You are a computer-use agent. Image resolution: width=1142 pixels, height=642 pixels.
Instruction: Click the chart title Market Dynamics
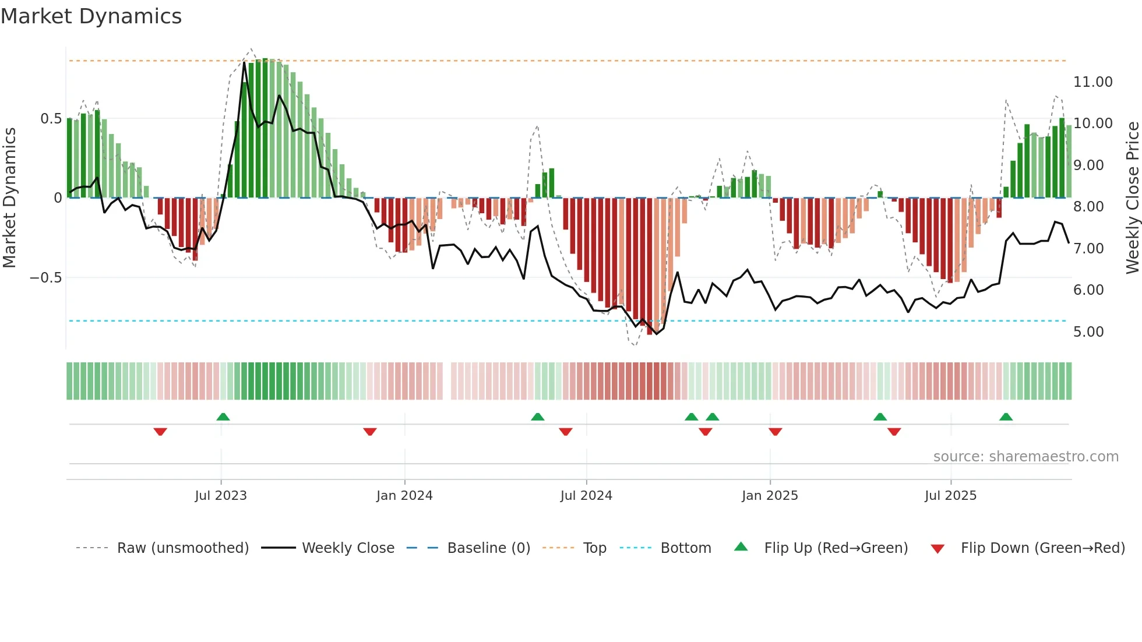pos(91,16)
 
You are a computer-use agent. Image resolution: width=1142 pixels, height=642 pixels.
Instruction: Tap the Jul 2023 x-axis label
pos(221,496)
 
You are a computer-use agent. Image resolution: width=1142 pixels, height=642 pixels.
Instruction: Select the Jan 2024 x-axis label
pos(404,496)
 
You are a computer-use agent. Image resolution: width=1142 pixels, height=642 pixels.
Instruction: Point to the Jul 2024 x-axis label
pos(586,496)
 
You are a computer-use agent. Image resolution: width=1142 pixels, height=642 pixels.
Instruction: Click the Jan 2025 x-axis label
pos(770,496)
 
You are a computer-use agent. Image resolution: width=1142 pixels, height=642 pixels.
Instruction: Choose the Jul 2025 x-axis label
pos(950,496)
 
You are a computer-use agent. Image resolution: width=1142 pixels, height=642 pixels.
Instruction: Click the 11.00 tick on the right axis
pos(1092,82)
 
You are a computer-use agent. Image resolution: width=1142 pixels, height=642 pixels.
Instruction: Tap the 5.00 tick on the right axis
pos(1088,332)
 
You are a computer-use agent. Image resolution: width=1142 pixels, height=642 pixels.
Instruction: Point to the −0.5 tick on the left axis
pos(46,278)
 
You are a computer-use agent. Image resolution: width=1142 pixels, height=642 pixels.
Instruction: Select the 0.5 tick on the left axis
pos(51,119)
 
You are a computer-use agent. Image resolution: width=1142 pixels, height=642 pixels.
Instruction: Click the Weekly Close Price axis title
pos(1132,197)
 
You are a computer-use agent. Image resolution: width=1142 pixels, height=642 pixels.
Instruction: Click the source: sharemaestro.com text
pos(1025,457)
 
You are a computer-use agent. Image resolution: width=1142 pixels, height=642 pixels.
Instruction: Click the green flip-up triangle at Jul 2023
pos(223,417)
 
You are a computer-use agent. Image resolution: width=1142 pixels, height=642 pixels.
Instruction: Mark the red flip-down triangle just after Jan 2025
pos(775,432)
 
